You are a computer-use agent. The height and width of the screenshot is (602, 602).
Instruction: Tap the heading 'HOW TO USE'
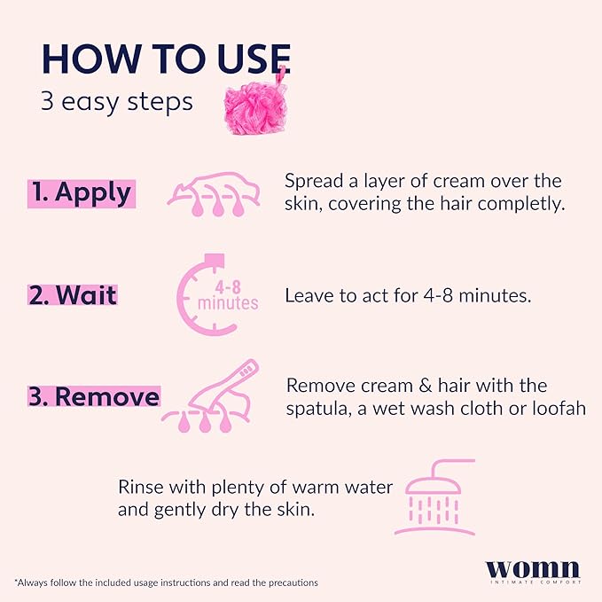165,58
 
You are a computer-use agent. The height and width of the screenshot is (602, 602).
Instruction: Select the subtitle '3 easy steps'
115,101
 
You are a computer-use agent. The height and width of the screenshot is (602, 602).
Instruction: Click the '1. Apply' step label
81,192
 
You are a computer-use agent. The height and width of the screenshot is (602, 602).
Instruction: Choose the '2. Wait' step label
73,294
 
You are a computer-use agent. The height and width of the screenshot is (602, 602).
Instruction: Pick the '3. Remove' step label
94,395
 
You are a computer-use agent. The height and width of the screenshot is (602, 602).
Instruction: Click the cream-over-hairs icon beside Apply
215,196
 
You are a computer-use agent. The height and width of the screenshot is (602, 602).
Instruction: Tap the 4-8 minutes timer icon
218,295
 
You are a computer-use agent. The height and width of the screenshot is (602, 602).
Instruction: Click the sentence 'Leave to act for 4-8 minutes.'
408,295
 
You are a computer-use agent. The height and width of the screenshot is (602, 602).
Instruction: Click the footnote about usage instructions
166,582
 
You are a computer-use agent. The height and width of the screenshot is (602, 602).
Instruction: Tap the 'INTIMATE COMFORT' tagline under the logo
533,582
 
